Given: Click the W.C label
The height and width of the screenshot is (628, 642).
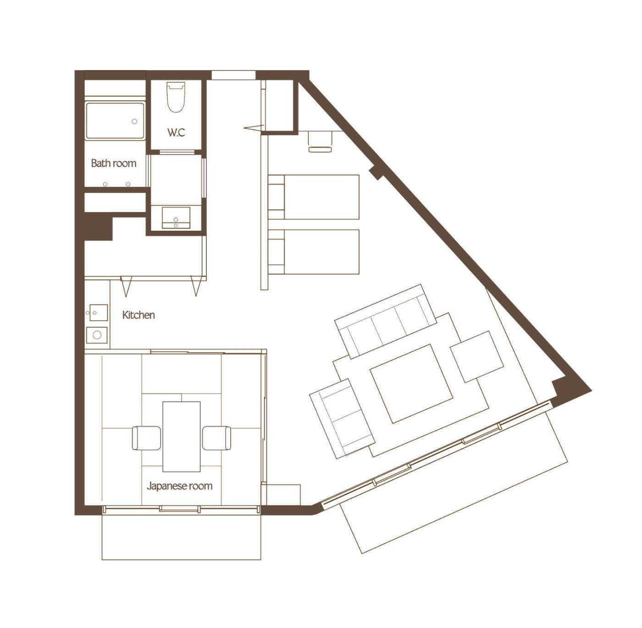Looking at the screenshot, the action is point(176,133).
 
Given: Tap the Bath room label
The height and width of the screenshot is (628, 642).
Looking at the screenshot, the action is point(114,163).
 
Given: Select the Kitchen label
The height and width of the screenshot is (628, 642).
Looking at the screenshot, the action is point(138,315).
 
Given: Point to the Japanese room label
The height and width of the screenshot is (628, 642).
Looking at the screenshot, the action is point(180,486).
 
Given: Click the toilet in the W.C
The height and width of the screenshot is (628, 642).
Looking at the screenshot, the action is point(176,97).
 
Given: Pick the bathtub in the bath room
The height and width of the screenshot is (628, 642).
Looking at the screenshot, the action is point(115,121).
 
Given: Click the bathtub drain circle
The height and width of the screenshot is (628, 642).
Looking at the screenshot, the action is point(135,121).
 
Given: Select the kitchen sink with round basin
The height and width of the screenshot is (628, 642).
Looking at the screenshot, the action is point(97,335).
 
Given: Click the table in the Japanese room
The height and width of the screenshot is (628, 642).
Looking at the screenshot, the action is point(182,437).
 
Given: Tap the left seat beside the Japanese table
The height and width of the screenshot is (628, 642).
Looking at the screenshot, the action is point(146,437).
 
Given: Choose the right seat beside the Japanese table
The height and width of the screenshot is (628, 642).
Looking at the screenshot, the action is point(216,437).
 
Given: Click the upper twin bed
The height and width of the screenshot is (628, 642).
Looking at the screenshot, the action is point(314,197).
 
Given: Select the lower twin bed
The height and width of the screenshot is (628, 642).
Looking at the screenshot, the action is point(314,252).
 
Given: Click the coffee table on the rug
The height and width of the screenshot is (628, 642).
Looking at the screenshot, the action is point(412,384).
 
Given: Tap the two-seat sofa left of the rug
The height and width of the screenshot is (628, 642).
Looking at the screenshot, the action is point(343,419).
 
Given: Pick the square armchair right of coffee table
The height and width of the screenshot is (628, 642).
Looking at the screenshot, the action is point(477,356).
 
